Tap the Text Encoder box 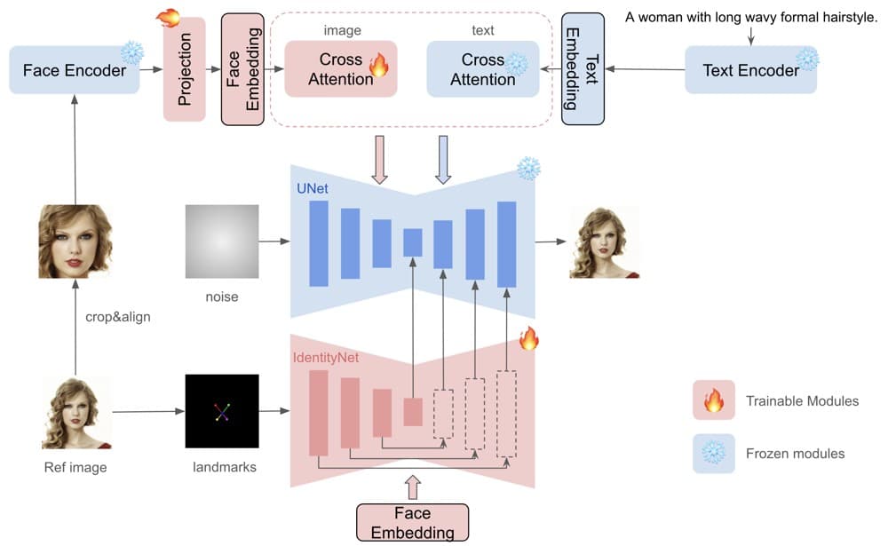[x=750, y=69]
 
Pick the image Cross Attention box [x=340, y=68]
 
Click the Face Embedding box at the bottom [x=412, y=522]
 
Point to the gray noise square [x=222, y=241]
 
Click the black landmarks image [x=222, y=411]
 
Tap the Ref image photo [x=76, y=413]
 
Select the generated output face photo [x=605, y=241]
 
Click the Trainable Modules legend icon [x=713, y=400]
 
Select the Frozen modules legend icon [x=713, y=453]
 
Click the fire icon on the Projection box [x=167, y=18]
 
